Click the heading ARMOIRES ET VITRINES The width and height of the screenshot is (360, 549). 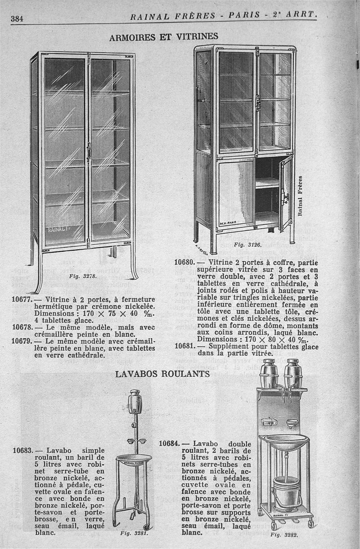point(164,36)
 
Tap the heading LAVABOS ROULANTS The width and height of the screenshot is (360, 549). point(162,374)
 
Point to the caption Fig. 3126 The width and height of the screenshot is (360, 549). point(245,245)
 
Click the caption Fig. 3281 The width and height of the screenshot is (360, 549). point(132,535)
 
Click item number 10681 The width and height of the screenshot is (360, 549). point(184,347)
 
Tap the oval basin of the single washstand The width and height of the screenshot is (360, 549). point(134,458)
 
